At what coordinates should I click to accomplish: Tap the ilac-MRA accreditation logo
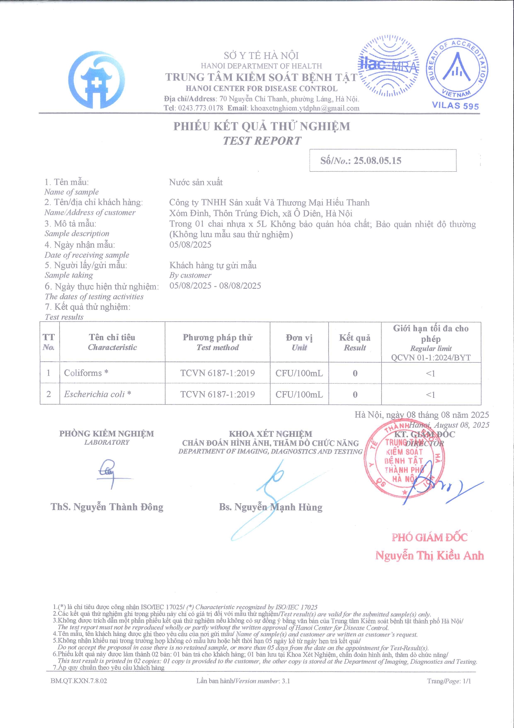tap(388, 66)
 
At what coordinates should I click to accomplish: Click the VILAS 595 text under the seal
tap(455, 105)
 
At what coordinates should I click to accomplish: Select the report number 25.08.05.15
tap(378, 161)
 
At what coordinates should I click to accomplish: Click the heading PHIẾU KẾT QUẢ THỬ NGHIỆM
tap(262, 126)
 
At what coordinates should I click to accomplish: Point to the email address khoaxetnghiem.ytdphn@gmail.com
tap(305, 108)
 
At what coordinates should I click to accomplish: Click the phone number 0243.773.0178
tap(201, 108)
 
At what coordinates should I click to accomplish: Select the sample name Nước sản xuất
tap(196, 182)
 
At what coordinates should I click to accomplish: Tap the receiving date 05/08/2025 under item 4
tap(190, 244)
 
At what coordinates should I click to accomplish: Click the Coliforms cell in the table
tap(86, 373)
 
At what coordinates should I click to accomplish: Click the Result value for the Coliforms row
tap(355, 373)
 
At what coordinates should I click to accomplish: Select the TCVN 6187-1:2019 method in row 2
tap(218, 394)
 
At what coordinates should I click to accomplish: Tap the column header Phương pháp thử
tap(218, 338)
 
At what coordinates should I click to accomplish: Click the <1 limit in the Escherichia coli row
tap(431, 394)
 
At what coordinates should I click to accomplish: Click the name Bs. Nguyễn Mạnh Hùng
tap(271, 507)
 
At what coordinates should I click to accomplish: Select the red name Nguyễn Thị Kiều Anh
tap(429, 555)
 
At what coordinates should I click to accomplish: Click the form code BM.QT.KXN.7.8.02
tap(79, 681)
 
